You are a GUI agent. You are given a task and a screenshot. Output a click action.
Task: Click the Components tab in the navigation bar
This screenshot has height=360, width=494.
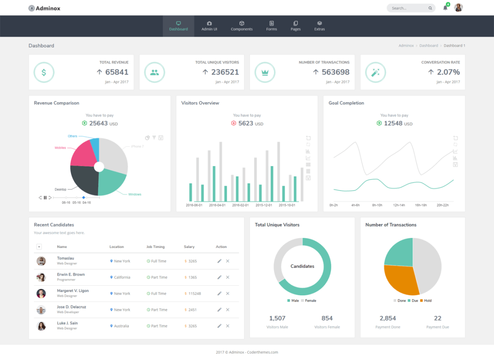pyautogui.click(x=241, y=26)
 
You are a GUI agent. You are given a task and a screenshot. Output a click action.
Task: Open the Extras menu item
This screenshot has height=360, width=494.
pyautogui.click(x=319, y=26)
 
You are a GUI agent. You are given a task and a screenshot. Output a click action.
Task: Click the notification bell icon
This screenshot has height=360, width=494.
pyautogui.click(x=445, y=8)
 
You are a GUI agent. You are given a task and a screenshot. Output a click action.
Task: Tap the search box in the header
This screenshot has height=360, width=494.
pyautogui.click(x=408, y=8)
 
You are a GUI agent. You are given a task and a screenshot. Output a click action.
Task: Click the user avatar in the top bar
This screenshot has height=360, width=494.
pyautogui.click(x=458, y=8)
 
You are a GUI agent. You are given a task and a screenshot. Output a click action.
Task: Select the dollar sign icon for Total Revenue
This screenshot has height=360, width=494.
pyautogui.click(x=44, y=72)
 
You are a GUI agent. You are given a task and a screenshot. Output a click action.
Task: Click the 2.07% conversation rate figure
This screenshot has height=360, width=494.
pyautogui.click(x=448, y=72)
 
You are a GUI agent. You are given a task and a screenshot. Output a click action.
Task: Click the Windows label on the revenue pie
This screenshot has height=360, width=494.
pyautogui.click(x=135, y=194)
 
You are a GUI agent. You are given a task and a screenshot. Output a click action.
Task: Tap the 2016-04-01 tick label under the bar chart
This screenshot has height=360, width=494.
pyautogui.click(x=217, y=205)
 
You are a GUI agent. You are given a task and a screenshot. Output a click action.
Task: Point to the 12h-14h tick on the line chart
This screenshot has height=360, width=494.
pyautogui.click(x=398, y=205)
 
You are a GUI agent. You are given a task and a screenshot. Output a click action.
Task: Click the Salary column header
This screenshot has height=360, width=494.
pyautogui.click(x=189, y=247)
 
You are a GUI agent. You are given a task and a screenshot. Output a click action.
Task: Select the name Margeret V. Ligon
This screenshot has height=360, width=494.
pyautogui.click(x=73, y=291)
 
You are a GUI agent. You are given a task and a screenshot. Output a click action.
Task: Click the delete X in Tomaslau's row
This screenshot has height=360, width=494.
pyautogui.click(x=228, y=261)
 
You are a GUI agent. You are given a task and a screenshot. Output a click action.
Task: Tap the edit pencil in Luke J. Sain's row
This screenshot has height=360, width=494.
pyautogui.click(x=220, y=326)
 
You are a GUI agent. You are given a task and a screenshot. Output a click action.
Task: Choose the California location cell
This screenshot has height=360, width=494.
pyautogui.click(x=122, y=277)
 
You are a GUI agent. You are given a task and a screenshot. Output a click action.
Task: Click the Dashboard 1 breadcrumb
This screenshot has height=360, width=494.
pyautogui.click(x=454, y=45)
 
